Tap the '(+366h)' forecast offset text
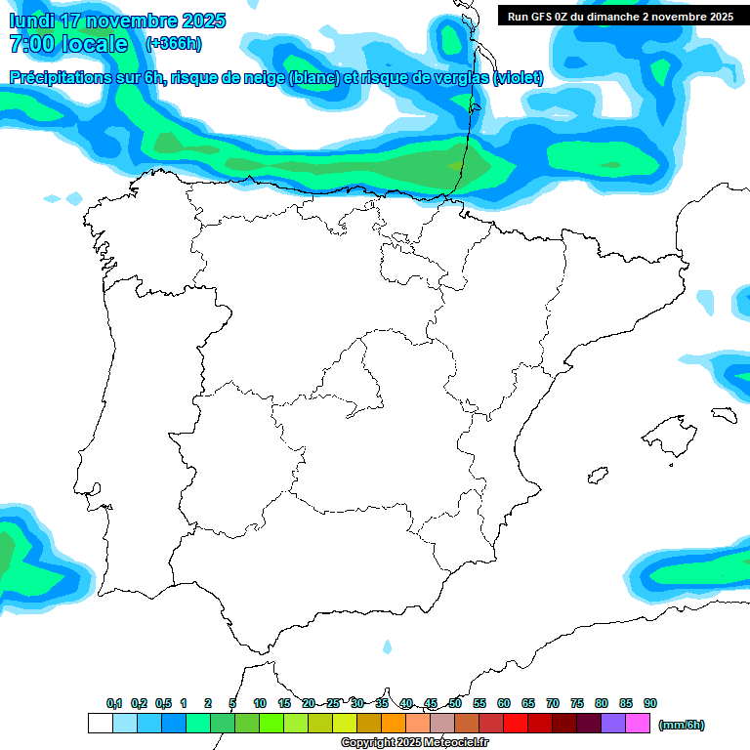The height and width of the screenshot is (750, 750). (x=174, y=44)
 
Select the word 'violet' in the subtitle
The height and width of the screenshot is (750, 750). (x=518, y=77)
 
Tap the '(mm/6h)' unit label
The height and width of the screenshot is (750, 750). (x=682, y=725)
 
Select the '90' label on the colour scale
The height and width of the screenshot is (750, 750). (x=650, y=703)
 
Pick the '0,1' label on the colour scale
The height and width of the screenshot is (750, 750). (x=113, y=703)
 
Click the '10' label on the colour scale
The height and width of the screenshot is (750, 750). (x=260, y=703)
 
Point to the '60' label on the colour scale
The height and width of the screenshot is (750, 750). (x=504, y=703)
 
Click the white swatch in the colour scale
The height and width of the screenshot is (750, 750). (x=100, y=723)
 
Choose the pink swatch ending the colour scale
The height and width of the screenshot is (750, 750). (x=638, y=723)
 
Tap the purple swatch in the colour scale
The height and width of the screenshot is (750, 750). (x=613, y=723)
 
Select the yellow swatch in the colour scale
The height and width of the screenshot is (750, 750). (x=345, y=723)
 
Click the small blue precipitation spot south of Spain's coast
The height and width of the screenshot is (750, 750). (x=388, y=646)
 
